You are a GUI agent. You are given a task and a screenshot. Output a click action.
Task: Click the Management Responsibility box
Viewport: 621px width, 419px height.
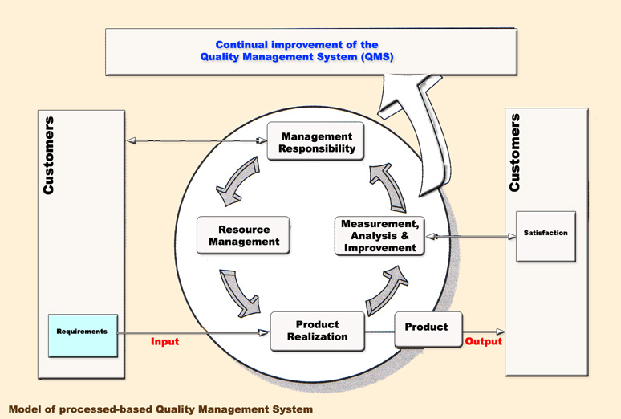pyautogui.click(x=315, y=142)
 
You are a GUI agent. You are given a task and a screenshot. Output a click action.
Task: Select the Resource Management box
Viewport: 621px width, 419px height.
pyautogui.click(x=243, y=235)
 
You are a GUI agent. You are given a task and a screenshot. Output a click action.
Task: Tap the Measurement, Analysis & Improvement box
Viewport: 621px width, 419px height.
pyautogui.click(x=379, y=236)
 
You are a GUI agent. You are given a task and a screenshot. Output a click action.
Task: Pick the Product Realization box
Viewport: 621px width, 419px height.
pyautogui.click(x=317, y=331)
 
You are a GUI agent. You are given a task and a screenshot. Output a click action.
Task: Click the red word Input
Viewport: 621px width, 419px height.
pyautogui.click(x=164, y=342)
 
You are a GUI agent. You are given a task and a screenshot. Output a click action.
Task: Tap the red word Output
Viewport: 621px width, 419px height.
pyautogui.click(x=484, y=342)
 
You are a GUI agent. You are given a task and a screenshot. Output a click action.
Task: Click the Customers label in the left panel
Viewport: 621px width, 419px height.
pyautogui.click(x=50, y=155)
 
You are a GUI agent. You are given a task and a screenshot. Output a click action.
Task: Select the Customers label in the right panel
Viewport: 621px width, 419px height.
pyautogui.click(x=515, y=152)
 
